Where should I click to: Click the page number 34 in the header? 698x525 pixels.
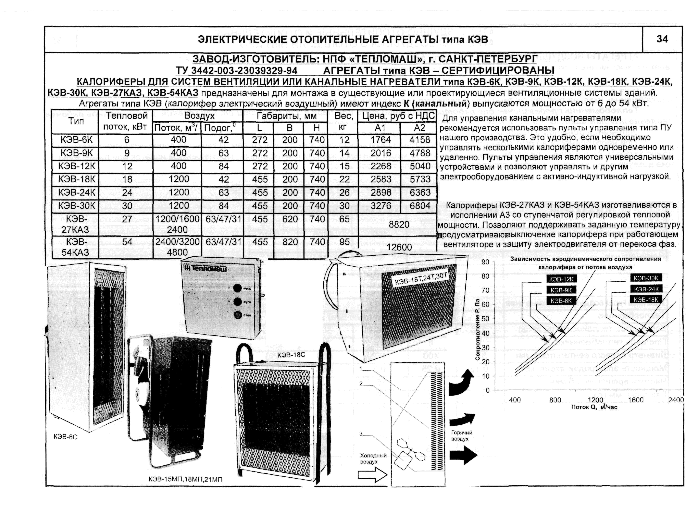[x=662, y=39]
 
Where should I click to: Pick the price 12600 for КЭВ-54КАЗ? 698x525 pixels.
[x=399, y=247]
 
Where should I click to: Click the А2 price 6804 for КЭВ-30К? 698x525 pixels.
[x=420, y=206]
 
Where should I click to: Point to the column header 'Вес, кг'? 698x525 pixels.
[x=344, y=122]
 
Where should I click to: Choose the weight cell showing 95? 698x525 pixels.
[x=344, y=242]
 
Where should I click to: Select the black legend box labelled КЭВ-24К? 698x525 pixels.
[x=646, y=289]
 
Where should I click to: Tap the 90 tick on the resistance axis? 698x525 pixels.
[x=485, y=262]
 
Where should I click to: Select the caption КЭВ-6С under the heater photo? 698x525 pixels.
[x=66, y=437]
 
